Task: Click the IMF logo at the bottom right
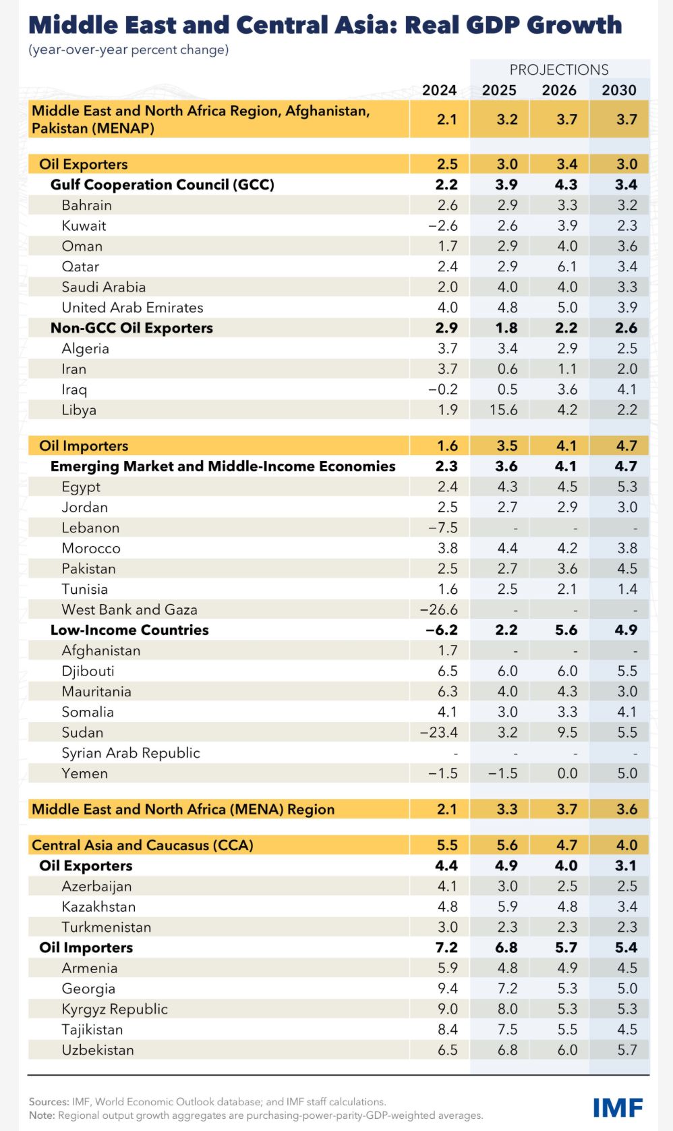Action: pyautogui.click(x=617, y=1107)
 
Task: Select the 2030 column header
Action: pyautogui.click(x=619, y=90)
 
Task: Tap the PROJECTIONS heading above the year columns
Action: pyautogui.click(x=559, y=70)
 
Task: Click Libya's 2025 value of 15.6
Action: pyautogui.click(x=503, y=410)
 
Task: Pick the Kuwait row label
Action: pyautogui.click(x=84, y=226)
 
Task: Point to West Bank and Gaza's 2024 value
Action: pyautogui.click(x=439, y=610)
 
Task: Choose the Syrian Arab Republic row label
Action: pyautogui.click(x=131, y=753)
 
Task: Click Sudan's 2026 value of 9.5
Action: pyautogui.click(x=567, y=733)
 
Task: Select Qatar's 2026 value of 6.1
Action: pyautogui.click(x=567, y=267)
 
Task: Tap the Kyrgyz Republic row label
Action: pyautogui.click(x=115, y=1010)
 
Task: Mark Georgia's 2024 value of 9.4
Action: pyautogui.click(x=447, y=989)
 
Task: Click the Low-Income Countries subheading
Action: pyautogui.click(x=129, y=630)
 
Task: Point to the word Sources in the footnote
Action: pyautogui.click(x=49, y=1101)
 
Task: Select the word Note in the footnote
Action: pyautogui.click(x=42, y=1115)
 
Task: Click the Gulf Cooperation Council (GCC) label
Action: pyautogui.click(x=162, y=185)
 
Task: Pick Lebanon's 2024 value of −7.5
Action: pyautogui.click(x=443, y=528)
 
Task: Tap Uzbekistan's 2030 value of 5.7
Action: pyautogui.click(x=627, y=1050)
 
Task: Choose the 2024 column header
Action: pyautogui.click(x=439, y=90)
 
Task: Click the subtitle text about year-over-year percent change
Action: pyautogui.click(x=128, y=50)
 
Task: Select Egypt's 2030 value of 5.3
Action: pyautogui.click(x=627, y=487)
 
